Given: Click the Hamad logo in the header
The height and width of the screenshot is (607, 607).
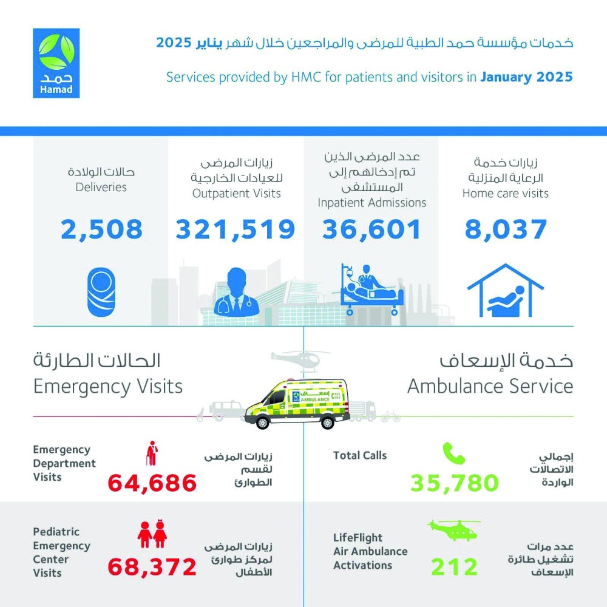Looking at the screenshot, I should pos(56,63).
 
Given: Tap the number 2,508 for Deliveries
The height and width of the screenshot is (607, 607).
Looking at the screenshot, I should pos(102,229).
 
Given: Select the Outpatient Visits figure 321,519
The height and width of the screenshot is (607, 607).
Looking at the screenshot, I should pos(236,229).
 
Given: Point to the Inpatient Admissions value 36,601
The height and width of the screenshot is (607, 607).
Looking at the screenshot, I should pos(371,229).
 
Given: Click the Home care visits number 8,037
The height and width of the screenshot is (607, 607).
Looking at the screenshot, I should pos(506,229).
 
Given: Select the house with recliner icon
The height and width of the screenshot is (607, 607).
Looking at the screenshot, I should pos(506,290).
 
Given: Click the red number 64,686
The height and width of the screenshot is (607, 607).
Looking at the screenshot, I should pos(152,483).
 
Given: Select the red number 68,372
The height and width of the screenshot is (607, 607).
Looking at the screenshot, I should pos(152,567).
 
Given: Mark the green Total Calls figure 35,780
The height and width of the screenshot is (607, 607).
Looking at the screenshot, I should pos(455,483).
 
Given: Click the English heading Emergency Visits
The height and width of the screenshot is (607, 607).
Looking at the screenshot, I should pos(108,387).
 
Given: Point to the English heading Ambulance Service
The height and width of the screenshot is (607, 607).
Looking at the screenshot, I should pos(490,387).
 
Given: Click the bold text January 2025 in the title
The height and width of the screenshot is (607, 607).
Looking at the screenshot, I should pos(526,77).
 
